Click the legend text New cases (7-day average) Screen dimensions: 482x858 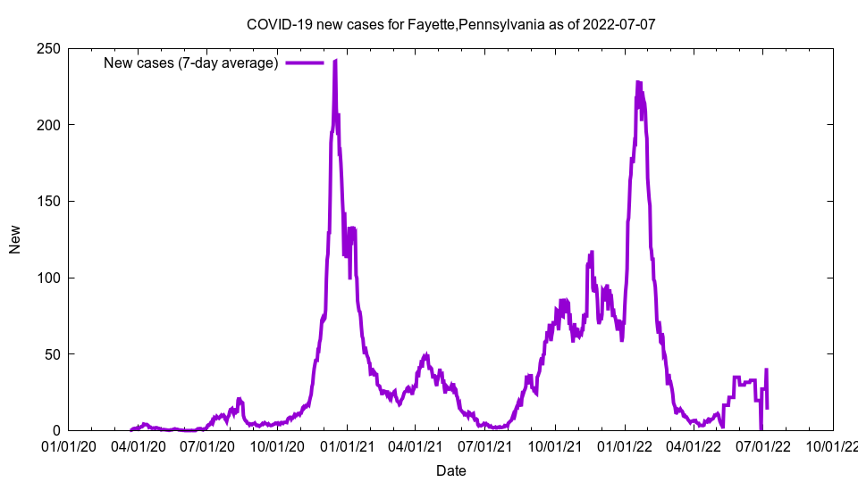click(190, 62)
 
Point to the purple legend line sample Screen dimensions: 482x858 click(304, 62)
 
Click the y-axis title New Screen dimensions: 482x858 click(15, 239)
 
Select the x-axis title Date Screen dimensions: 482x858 click(450, 470)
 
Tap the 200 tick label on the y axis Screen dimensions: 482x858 click(49, 125)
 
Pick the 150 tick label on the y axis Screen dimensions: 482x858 click(49, 201)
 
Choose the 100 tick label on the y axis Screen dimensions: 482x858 click(49, 278)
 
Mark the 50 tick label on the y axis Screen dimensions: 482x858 click(53, 354)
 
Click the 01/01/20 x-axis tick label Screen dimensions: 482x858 click(68, 445)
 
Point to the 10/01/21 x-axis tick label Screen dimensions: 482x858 click(556, 445)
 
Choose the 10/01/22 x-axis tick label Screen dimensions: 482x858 click(834, 445)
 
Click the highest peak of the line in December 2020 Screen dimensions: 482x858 click(335, 61)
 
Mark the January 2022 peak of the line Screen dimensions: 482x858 click(638, 82)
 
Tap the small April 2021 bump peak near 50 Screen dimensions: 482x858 click(426, 355)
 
